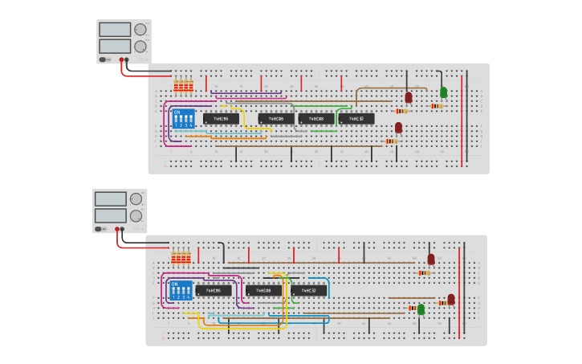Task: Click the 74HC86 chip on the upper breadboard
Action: (221, 119)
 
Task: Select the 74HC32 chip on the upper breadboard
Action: (356, 119)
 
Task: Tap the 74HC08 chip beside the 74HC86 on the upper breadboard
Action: (276, 119)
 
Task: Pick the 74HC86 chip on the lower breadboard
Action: (214, 290)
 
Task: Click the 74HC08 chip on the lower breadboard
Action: (263, 290)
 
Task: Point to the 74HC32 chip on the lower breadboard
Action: (309, 290)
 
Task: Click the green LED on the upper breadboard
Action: (443, 92)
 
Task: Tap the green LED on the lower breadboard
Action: (421, 309)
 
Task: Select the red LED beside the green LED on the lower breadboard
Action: (451, 299)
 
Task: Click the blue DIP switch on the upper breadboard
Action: (184, 118)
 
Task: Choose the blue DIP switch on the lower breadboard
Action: (178, 289)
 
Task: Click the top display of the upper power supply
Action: (115, 29)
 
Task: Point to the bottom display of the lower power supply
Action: (110, 215)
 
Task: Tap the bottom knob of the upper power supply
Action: (140, 47)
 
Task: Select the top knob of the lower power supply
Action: (136, 198)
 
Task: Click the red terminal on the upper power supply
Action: (121, 59)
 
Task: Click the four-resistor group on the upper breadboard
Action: (185, 85)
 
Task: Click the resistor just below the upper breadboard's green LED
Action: (438, 105)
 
